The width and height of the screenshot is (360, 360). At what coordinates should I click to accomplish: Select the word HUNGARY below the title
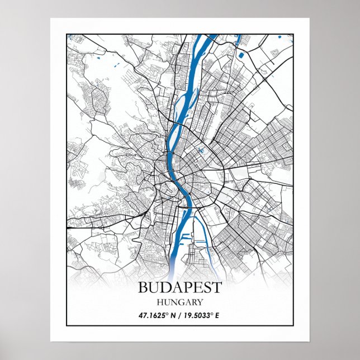[x=179, y=302]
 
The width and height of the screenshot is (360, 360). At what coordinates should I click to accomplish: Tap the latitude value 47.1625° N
[x=157, y=315]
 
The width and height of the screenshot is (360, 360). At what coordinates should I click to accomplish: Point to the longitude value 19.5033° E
[x=201, y=315]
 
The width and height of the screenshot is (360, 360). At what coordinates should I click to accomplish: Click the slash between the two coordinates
[x=180, y=315]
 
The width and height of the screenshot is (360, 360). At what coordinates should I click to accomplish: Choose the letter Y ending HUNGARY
[x=199, y=302]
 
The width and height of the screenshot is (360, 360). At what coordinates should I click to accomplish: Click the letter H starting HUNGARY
[x=160, y=302]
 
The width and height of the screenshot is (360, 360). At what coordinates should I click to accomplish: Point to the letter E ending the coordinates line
[x=217, y=315]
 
